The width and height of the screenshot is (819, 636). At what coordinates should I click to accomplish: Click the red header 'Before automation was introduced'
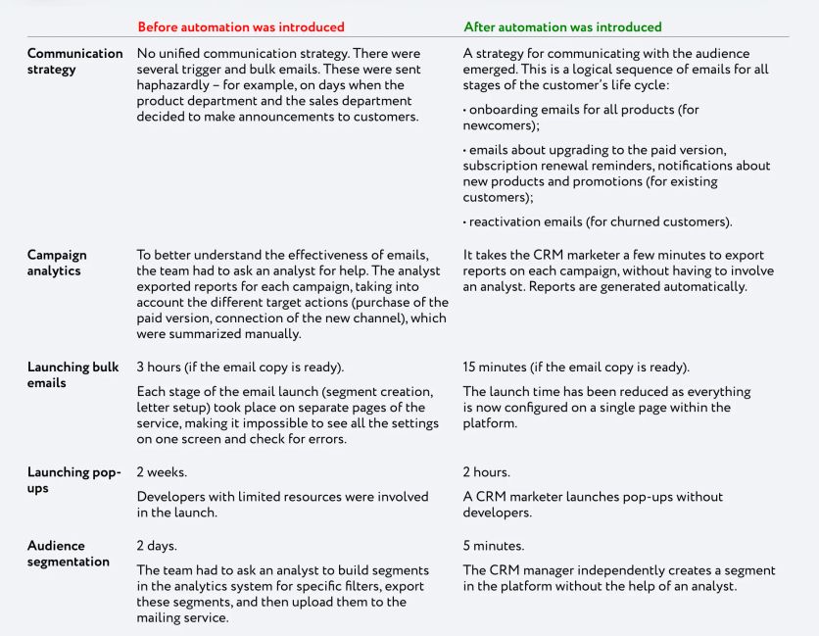[240, 26]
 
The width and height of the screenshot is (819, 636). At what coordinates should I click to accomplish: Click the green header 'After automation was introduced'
[562, 26]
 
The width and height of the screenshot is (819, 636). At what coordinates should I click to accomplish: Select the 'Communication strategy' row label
[74, 61]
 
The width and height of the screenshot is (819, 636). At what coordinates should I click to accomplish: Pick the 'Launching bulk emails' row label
[73, 375]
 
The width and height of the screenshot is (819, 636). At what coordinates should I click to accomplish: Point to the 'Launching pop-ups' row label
[73, 480]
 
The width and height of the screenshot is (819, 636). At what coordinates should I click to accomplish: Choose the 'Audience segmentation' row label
[68, 553]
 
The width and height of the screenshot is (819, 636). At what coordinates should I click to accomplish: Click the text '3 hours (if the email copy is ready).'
[239, 367]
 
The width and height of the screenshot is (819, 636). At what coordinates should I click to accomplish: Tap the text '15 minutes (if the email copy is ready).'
[576, 367]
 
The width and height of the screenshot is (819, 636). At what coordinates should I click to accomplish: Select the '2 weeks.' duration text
[162, 472]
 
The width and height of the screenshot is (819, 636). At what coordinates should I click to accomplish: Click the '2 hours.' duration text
[487, 472]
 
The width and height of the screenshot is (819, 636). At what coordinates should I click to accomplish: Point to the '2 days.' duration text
[159, 546]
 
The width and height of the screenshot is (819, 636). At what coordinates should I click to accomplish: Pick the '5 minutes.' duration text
[495, 546]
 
